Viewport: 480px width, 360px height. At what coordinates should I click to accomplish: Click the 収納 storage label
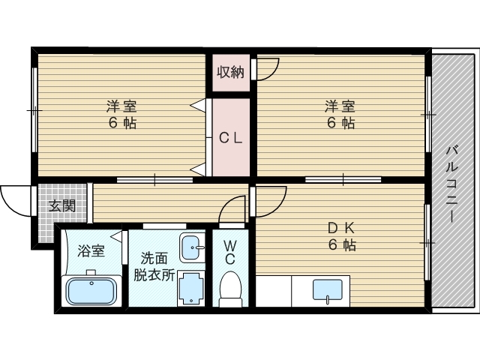click(x=230, y=73)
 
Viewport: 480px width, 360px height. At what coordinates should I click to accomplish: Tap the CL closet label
click(x=231, y=138)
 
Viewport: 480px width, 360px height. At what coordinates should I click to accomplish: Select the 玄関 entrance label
click(x=62, y=205)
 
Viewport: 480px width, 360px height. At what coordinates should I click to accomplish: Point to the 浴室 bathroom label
click(x=91, y=250)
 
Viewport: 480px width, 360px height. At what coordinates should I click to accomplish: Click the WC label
click(x=230, y=252)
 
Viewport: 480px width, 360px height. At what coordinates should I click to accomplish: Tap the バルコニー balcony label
click(x=451, y=184)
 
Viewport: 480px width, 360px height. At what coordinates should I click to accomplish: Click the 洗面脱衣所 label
click(x=154, y=267)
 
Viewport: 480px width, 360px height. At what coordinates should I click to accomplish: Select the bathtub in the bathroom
click(x=91, y=290)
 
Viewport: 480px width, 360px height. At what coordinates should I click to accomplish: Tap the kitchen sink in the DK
click(x=327, y=289)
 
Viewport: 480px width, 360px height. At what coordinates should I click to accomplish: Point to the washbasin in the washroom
click(x=192, y=247)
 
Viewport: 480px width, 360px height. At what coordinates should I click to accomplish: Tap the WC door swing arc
click(x=227, y=204)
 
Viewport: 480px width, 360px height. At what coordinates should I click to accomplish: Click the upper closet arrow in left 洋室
click(x=198, y=105)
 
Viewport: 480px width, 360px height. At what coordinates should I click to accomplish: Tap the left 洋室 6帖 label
click(x=121, y=115)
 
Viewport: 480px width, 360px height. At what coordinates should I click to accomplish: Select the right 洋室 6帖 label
click(x=340, y=115)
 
